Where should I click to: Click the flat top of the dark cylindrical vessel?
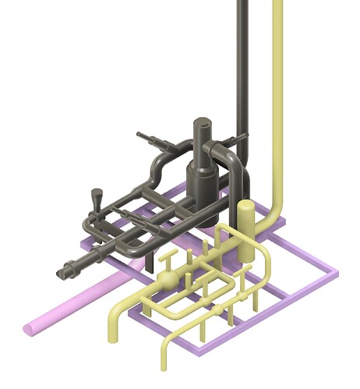(x=203, y=124)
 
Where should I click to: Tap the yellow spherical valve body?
(x=168, y=280)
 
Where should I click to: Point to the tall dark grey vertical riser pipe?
(x=242, y=62)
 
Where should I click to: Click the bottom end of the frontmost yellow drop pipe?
(x=165, y=365)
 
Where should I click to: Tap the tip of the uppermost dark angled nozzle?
(x=140, y=135)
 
